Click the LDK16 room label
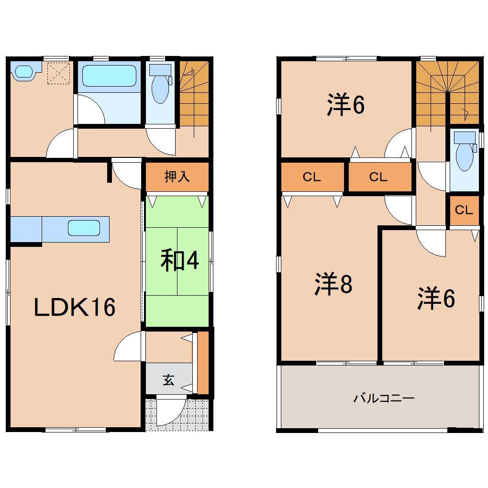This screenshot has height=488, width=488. [x=75, y=307]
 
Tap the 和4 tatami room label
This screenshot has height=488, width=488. [x=179, y=261]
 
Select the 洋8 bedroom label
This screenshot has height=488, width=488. [x=333, y=284]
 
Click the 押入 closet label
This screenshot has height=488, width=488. [x=177, y=177]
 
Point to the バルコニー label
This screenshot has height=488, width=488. [x=384, y=398]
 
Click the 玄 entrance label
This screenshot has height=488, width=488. [x=168, y=380]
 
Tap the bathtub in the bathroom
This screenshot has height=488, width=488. [x=110, y=76]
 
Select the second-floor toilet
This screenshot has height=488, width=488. [x=464, y=152]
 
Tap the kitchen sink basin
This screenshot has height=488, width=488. [x=84, y=228]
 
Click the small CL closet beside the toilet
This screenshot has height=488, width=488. [x=464, y=210]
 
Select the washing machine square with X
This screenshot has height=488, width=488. [x=59, y=73]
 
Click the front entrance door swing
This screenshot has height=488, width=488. [x=170, y=411]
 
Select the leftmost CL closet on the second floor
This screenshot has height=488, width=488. [x=312, y=177]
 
